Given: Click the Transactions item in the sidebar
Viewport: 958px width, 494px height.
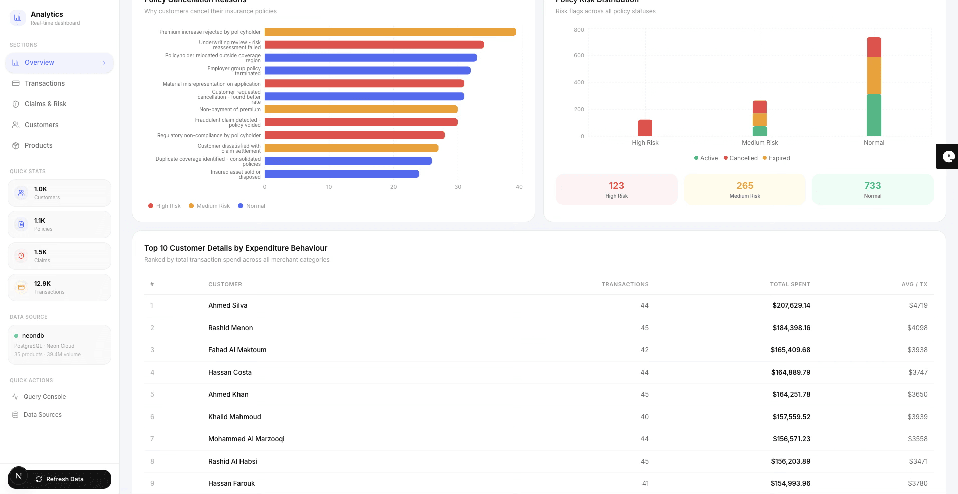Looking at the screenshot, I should pyautogui.click(x=44, y=83).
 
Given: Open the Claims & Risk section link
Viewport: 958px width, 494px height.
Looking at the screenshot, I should pyautogui.click(x=45, y=104).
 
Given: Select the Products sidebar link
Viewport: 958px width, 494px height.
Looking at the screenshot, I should pyautogui.click(x=38, y=145).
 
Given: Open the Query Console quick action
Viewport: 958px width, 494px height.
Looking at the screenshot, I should pyautogui.click(x=44, y=397).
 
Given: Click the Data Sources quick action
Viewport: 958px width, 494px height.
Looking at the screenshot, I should pyautogui.click(x=42, y=415).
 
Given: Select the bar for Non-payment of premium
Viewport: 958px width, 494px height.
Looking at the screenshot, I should pyautogui.click(x=361, y=109).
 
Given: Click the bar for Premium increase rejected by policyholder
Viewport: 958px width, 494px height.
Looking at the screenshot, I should pyautogui.click(x=390, y=32).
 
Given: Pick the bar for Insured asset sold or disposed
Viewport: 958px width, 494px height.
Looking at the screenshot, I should pyautogui.click(x=342, y=174).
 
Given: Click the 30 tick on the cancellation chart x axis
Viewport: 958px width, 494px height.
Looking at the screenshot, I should pyautogui.click(x=458, y=187).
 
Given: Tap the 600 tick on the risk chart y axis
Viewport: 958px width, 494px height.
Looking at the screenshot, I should pyautogui.click(x=579, y=55).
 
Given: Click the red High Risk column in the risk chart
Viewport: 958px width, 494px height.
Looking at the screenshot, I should pyautogui.click(x=645, y=128).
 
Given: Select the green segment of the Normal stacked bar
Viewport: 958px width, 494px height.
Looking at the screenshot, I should pyautogui.click(x=874, y=115).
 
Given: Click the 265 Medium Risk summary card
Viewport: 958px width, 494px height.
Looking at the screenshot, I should pyautogui.click(x=745, y=189).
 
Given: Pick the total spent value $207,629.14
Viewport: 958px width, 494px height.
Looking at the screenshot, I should pyautogui.click(x=791, y=305).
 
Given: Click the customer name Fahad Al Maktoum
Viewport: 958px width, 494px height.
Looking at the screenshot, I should pyautogui.click(x=237, y=350).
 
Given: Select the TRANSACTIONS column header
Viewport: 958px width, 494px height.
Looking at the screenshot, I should pyautogui.click(x=625, y=284).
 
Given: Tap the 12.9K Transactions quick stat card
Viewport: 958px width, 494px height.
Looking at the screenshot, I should pyautogui.click(x=59, y=287).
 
